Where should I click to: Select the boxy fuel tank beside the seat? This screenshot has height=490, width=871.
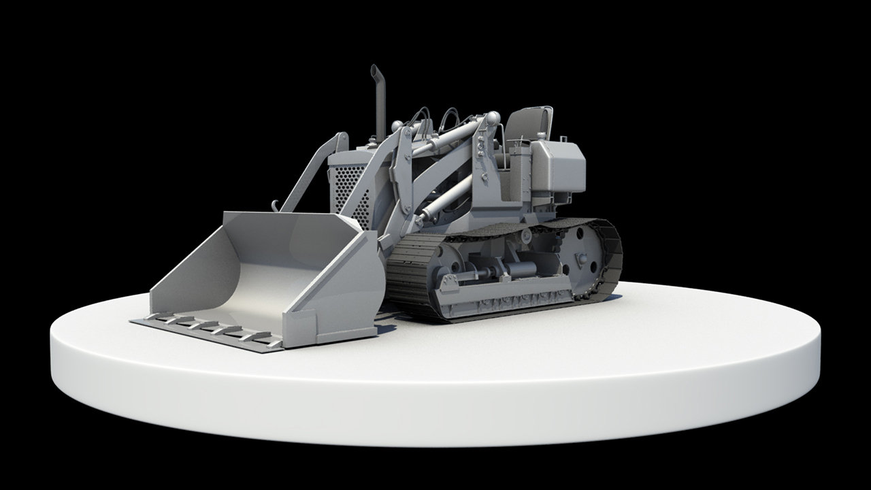click(x=558, y=167)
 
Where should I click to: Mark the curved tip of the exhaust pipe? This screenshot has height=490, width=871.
click(x=374, y=69)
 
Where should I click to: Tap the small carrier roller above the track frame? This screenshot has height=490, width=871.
click(x=526, y=235)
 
